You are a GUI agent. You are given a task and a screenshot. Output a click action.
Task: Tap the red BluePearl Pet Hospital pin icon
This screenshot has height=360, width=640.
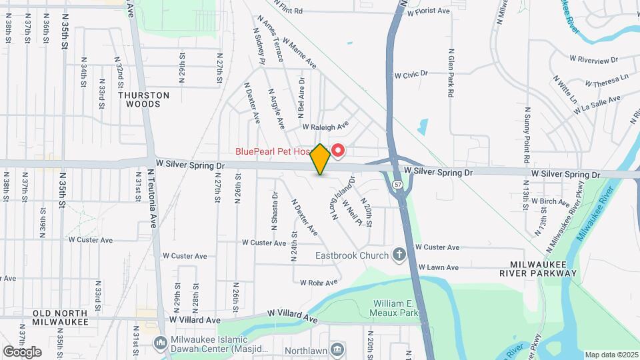click(337, 151)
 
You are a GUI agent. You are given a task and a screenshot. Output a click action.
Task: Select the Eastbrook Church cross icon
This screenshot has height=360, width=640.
click(399, 255)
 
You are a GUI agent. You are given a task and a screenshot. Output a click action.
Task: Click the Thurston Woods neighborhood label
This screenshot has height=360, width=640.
click(143, 99)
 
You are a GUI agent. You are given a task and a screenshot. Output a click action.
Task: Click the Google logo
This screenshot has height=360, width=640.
click(22, 351)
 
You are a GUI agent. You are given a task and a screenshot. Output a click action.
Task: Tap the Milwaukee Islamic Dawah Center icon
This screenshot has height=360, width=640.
click(160, 343)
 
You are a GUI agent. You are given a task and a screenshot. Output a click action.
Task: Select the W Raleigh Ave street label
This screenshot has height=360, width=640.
click(325, 126)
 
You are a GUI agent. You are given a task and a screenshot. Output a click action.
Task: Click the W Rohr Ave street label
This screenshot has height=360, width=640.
click(319, 283)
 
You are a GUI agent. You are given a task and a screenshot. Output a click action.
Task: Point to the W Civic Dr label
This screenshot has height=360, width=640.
click(410, 74)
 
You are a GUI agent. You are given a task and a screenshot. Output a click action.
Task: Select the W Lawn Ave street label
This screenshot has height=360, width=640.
click(438, 267)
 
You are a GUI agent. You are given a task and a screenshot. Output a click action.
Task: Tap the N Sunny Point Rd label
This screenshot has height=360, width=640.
click(527, 134)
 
